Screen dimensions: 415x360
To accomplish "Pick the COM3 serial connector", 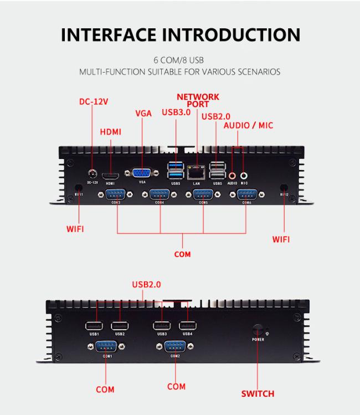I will [x=115, y=195].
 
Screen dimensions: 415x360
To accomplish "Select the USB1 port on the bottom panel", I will [x=94, y=326].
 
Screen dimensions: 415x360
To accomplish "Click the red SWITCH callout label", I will [x=257, y=393].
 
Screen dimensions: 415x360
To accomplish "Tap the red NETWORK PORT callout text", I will [x=198, y=100].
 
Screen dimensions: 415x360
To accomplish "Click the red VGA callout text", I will [x=143, y=114].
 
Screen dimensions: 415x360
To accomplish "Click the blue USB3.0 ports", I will [x=175, y=170].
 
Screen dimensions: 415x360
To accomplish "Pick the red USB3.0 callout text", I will [x=176, y=112].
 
